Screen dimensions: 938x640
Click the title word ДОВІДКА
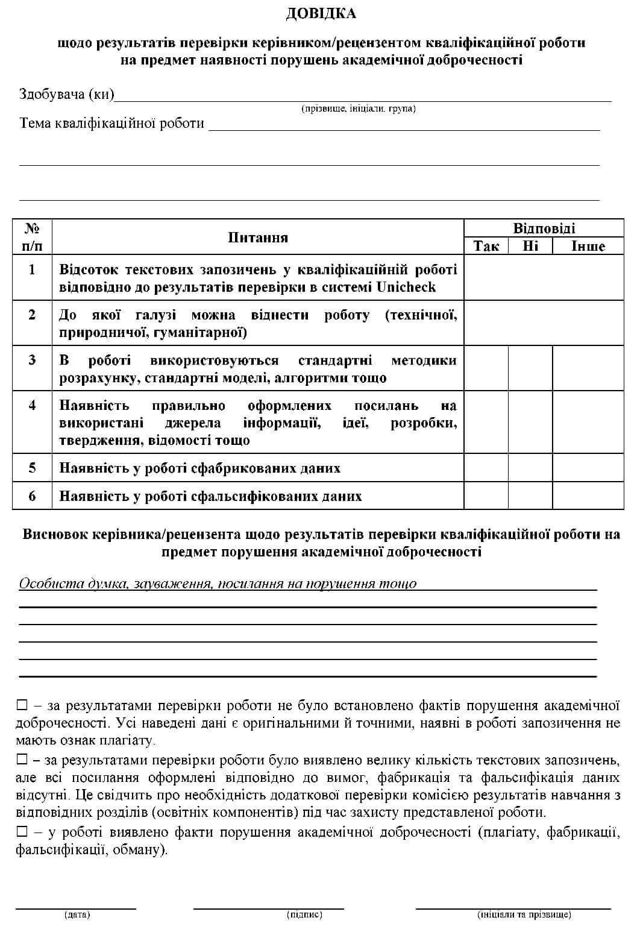click(321, 13)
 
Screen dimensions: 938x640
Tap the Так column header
click(486, 246)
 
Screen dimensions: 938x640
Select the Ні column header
click(530, 246)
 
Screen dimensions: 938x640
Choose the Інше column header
click(588, 246)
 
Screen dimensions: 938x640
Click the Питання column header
click(258, 238)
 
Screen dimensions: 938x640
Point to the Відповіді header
click(544, 228)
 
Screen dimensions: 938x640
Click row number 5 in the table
click(32, 468)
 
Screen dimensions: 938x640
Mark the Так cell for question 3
click(486, 368)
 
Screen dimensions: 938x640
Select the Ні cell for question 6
click(530, 496)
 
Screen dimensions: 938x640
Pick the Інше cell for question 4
click(588, 422)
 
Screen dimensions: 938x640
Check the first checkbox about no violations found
click(22, 705)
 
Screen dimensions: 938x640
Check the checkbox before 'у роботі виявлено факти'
click(22, 832)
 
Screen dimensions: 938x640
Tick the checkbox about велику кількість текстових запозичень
click(22, 759)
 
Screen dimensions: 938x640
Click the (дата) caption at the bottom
click(77, 914)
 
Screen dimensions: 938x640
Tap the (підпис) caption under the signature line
click(304, 914)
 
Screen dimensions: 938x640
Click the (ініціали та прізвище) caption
click(524, 914)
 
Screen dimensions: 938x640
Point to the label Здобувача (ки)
click(66, 94)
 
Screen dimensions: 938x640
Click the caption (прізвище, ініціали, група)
click(358, 109)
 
